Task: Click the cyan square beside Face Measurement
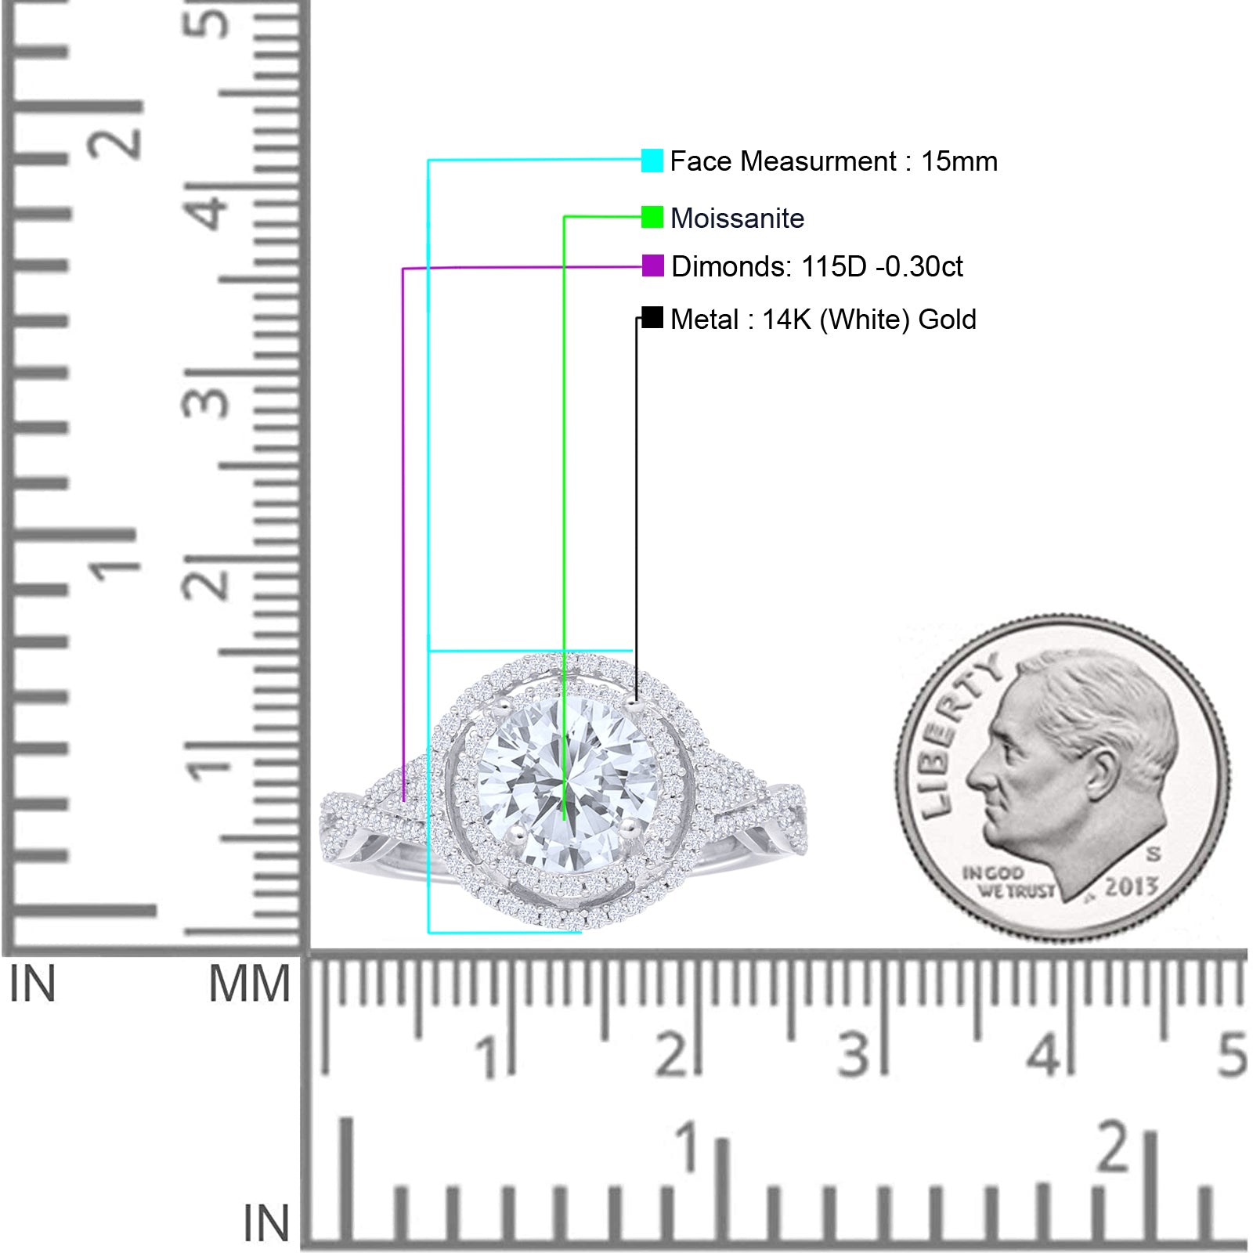pyautogui.click(x=652, y=161)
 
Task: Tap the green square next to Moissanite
pyautogui.click(x=652, y=217)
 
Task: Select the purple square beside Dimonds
pyautogui.click(x=652, y=265)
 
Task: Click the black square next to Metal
pyautogui.click(x=652, y=317)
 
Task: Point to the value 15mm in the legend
pyautogui.click(x=959, y=161)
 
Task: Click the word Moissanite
pyautogui.click(x=738, y=218)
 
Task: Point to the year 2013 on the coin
pyautogui.click(x=1131, y=886)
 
